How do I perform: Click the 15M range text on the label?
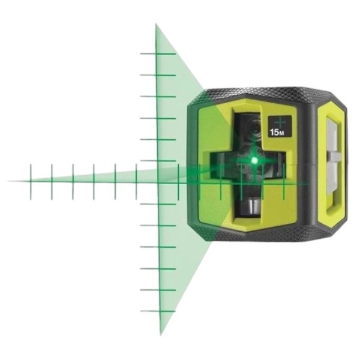coord(276,133)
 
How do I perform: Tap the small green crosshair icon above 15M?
coord(280,122)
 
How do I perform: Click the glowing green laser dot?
coord(254,160)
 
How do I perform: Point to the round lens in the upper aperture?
coord(254,128)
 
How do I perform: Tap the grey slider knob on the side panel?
coord(333,157)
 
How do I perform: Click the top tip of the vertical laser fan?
coord(156,24)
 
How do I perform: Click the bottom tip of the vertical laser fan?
coord(161,335)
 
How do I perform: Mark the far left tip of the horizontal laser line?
coord(9,181)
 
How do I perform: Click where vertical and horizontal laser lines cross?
coord(158,182)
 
